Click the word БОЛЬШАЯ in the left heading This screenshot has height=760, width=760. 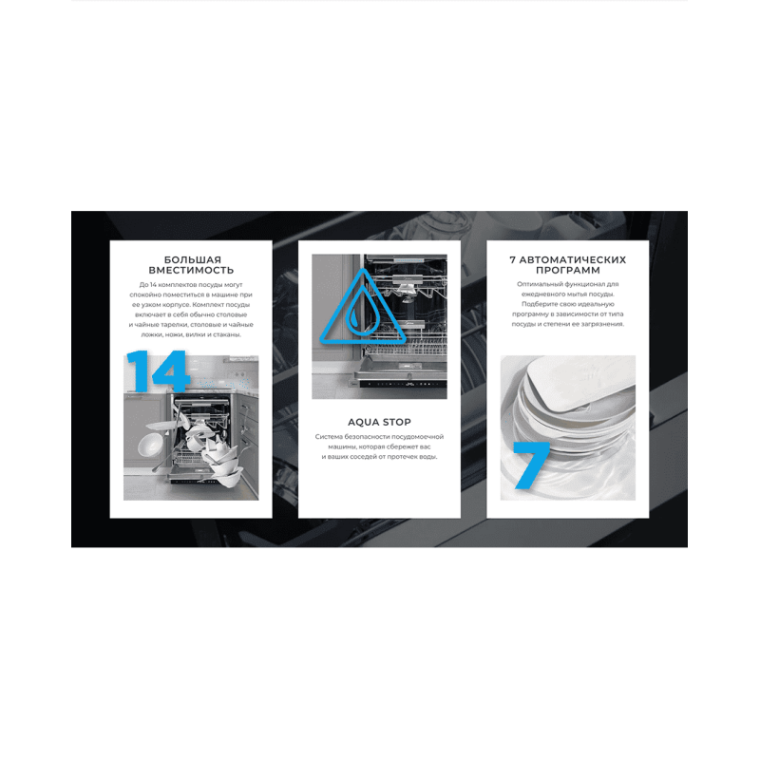click(x=193, y=259)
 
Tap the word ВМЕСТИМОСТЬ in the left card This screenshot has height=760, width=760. click(x=191, y=271)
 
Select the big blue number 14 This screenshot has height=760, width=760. click(x=156, y=370)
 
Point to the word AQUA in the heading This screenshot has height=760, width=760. click(x=362, y=422)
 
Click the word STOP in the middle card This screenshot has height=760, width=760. click(x=396, y=422)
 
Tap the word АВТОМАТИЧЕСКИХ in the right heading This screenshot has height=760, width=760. click(x=573, y=259)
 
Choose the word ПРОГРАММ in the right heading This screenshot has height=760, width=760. click(x=567, y=271)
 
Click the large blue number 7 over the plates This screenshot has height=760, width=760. click(x=530, y=465)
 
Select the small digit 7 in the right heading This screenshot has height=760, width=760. click(x=513, y=259)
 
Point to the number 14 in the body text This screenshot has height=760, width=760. click(x=153, y=284)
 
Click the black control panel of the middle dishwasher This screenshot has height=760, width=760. click(x=403, y=384)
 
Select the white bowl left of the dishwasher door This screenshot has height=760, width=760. click(x=150, y=445)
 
